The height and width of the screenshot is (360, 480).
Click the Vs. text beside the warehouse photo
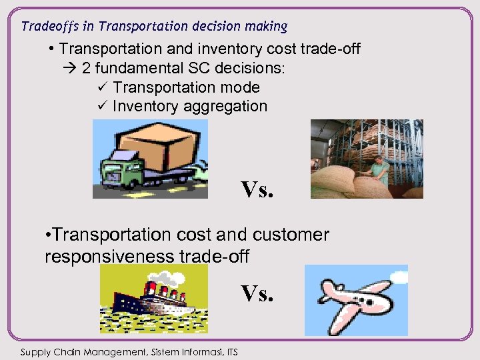point(257,190)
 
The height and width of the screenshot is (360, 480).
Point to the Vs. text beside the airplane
point(257,293)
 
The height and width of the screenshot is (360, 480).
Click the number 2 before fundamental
point(87,69)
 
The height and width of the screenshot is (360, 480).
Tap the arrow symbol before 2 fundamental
point(69,69)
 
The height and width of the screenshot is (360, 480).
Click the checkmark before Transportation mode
point(101,87)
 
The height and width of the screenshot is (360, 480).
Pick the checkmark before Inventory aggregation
point(101,106)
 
